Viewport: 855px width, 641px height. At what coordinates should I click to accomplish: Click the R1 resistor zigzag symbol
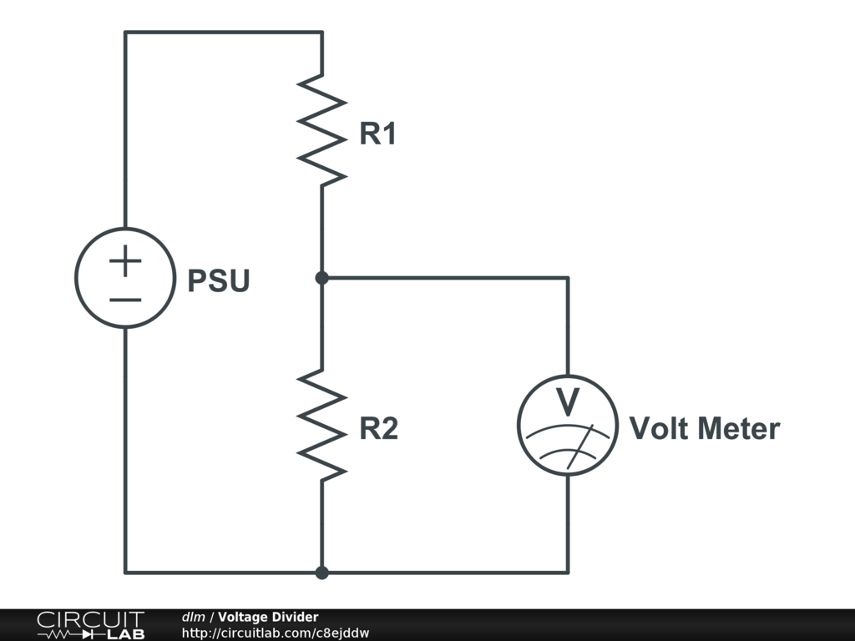click(321, 131)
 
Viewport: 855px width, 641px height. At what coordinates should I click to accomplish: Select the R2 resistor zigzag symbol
click(321, 426)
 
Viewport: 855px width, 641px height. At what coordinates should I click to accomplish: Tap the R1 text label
click(377, 134)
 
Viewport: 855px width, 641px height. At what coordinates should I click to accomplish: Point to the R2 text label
click(378, 428)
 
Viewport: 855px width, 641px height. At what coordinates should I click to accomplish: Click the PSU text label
click(219, 280)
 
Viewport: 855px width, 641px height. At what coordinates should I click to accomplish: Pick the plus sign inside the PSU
click(125, 260)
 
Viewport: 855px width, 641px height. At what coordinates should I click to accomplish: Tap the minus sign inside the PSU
click(125, 300)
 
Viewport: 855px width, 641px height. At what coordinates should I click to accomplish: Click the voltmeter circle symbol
click(518, 425)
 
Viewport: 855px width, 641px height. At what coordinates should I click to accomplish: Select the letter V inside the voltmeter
click(568, 401)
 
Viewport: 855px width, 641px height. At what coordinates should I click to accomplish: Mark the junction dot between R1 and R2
click(321, 278)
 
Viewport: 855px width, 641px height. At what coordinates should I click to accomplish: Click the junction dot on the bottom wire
click(321, 573)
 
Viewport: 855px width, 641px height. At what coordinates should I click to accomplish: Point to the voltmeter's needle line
click(580, 447)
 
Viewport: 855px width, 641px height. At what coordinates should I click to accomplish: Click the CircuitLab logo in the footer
click(91, 625)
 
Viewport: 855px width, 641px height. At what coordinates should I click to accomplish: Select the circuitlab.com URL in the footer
click(276, 633)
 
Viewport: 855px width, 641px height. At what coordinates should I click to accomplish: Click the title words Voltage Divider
click(268, 617)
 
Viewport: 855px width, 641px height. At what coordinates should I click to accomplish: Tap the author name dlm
click(193, 617)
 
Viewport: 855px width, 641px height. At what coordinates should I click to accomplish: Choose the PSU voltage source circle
click(75, 278)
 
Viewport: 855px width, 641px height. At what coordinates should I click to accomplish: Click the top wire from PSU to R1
click(224, 33)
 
